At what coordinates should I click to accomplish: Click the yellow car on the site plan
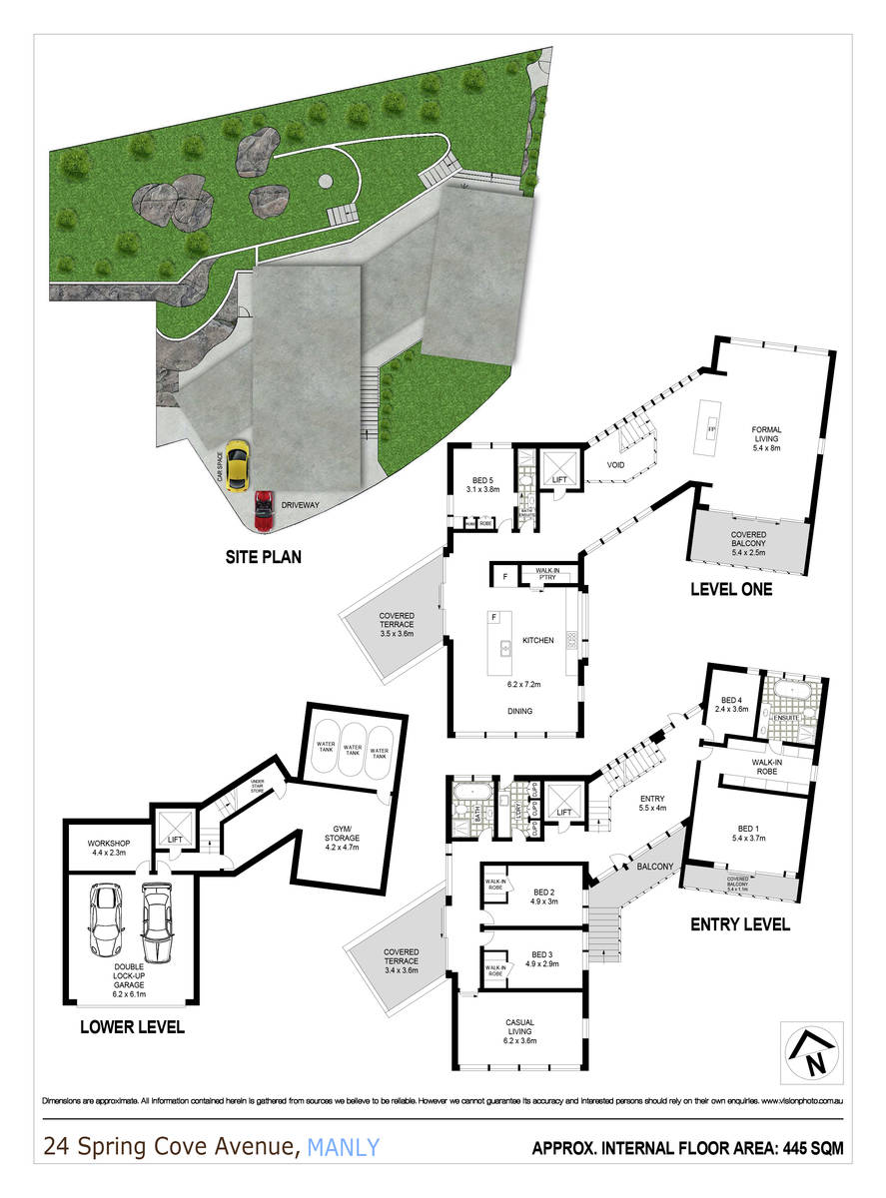click(x=237, y=466)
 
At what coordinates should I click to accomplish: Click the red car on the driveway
click(x=264, y=511)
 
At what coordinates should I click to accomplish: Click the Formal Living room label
click(x=766, y=436)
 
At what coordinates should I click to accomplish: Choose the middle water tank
click(x=352, y=750)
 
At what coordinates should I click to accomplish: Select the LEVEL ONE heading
click(x=731, y=589)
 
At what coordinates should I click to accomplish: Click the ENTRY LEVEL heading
click(x=740, y=924)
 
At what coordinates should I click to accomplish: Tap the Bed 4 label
click(x=733, y=704)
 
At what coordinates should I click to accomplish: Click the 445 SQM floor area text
click(x=811, y=1149)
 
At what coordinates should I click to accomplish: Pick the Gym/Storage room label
click(x=350, y=835)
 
